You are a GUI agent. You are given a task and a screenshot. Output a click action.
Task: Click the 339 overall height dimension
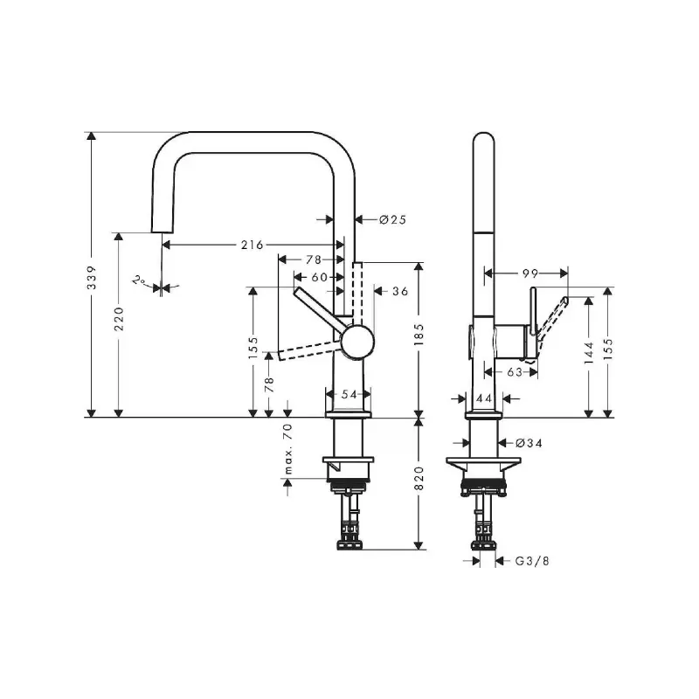tap(92, 277)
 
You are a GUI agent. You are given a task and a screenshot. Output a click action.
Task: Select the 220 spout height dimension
tap(119, 319)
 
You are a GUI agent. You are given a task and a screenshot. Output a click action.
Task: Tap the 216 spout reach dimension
tap(253, 245)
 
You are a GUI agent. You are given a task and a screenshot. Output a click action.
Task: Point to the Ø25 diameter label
tap(392, 219)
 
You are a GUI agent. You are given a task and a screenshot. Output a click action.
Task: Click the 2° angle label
tap(139, 280)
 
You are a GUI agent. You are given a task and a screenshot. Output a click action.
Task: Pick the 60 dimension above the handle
tap(319, 277)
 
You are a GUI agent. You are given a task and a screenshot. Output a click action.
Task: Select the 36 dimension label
tap(400, 291)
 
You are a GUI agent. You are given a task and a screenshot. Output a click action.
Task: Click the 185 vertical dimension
tap(419, 335)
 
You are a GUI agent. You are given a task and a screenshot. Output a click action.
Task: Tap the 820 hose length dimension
tap(419, 478)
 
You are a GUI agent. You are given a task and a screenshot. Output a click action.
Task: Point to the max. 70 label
tap(288, 449)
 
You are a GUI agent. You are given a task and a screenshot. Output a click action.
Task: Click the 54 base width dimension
tap(349, 395)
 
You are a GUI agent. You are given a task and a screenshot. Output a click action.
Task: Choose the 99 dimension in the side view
tap(530, 273)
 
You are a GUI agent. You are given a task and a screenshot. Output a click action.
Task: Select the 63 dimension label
tap(515, 372)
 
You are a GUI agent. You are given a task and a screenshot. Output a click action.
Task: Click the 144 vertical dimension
tap(589, 353)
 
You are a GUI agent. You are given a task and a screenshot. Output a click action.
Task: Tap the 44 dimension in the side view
tap(484, 398)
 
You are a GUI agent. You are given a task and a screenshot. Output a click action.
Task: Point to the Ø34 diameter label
tap(529, 443)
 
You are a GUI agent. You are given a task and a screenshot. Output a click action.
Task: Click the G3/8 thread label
tap(532, 561)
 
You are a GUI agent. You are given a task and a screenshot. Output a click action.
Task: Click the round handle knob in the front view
tap(357, 342)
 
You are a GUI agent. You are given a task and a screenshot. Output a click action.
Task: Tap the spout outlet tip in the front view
tap(163, 232)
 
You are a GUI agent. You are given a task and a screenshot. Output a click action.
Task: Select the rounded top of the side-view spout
tap(484, 134)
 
